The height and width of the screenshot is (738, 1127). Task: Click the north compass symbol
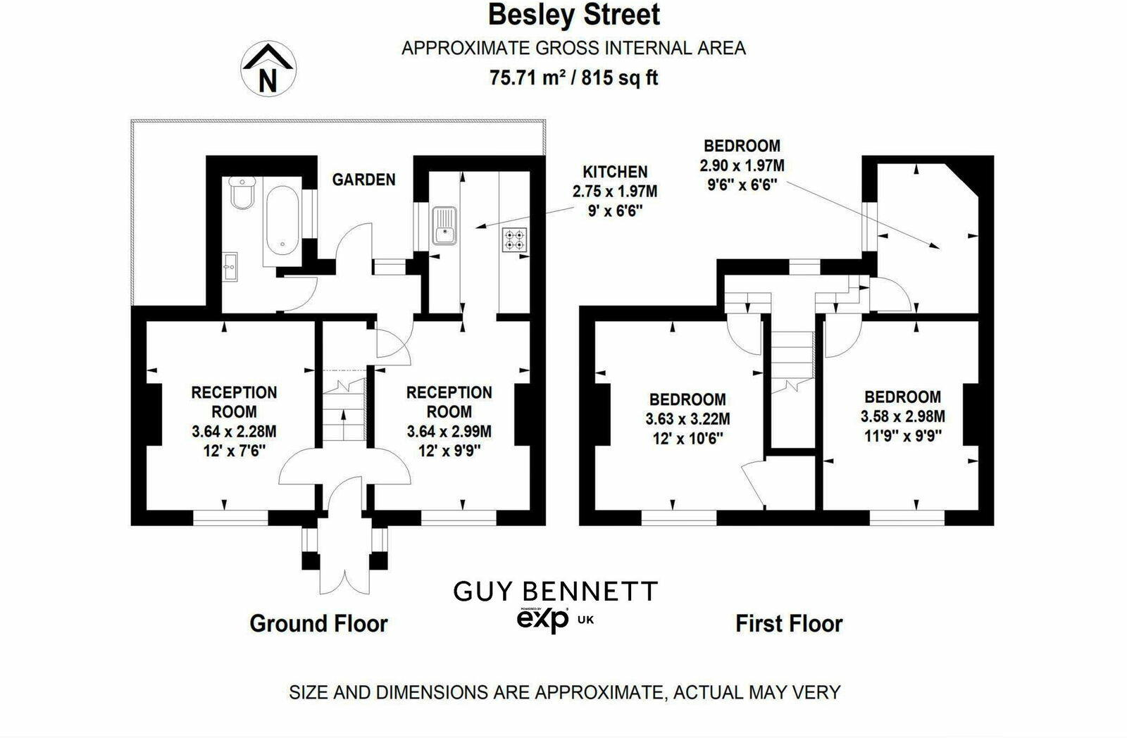click(268, 68)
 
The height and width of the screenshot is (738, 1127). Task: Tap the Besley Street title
click(574, 15)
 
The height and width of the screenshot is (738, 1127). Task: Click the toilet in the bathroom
click(239, 193)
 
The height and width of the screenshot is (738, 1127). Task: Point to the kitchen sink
click(444, 225)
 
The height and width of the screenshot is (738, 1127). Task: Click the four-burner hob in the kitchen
click(515, 240)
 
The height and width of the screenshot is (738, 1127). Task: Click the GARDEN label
click(363, 180)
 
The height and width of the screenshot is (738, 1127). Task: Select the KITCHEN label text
click(614, 172)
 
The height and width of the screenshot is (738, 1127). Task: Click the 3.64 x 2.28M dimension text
click(234, 431)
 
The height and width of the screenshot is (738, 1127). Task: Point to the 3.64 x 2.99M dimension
click(449, 431)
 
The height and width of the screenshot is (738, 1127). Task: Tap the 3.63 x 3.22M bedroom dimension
click(687, 419)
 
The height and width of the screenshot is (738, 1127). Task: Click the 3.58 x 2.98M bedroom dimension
click(902, 417)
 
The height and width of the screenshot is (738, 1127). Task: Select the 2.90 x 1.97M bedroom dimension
click(742, 166)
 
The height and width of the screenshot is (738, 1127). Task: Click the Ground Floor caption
click(318, 623)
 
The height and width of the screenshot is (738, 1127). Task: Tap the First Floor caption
click(789, 623)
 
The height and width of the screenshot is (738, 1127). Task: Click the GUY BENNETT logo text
click(555, 592)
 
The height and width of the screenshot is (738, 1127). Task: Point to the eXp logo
click(543, 619)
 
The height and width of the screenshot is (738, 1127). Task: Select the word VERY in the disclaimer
click(814, 692)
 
